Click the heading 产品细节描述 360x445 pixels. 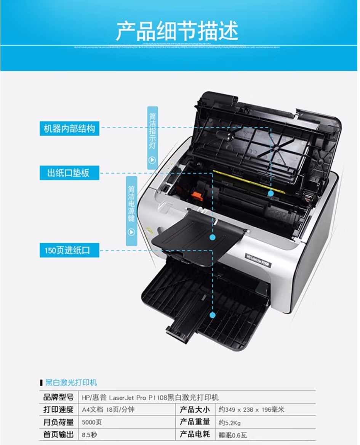point(177,31)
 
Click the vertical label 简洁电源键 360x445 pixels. point(131,204)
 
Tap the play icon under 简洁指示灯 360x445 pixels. point(152,160)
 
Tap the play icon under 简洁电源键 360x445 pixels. point(131,231)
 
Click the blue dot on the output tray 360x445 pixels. point(213,238)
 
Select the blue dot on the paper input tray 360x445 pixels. point(213,315)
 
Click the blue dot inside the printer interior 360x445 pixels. point(271,193)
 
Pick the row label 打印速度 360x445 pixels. point(58,410)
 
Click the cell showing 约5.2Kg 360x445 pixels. point(230,423)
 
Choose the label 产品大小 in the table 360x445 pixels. point(195,410)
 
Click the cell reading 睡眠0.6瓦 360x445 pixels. point(233,435)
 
